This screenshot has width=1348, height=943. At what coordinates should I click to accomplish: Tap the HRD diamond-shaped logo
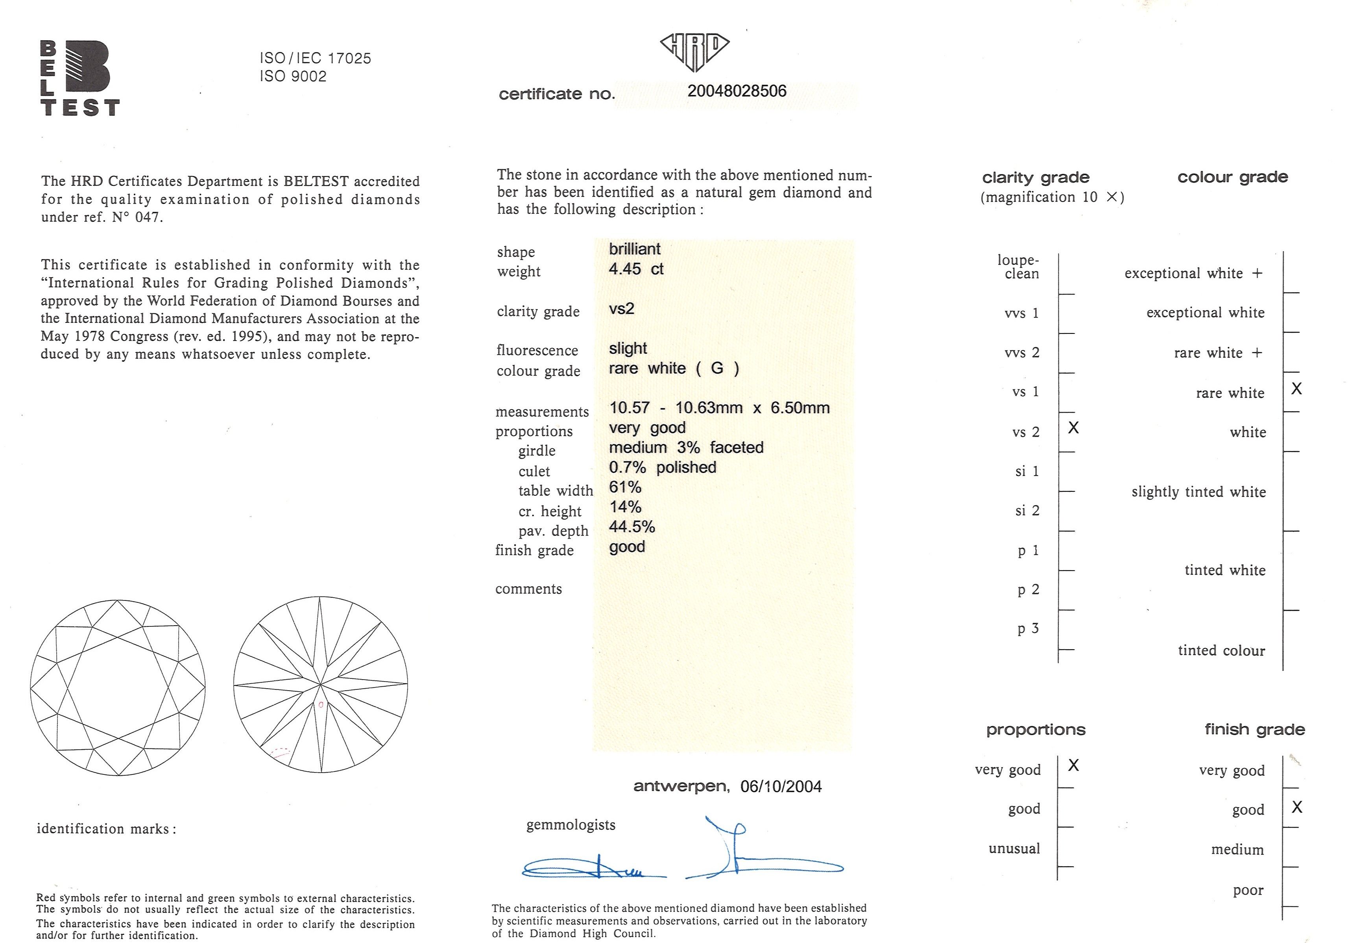tap(694, 51)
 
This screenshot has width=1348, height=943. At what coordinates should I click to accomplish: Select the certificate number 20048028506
tap(737, 91)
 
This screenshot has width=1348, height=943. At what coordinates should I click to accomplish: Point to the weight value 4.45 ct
tap(636, 269)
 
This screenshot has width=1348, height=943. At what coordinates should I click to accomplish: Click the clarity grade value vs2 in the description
tap(622, 308)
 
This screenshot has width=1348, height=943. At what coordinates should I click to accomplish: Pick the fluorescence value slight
tap(628, 348)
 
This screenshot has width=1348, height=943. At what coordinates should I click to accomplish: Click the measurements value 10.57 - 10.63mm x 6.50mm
tap(719, 408)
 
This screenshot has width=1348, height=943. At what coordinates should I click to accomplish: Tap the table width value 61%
tap(625, 487)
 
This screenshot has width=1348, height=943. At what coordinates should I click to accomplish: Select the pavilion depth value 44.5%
tap(632, 526)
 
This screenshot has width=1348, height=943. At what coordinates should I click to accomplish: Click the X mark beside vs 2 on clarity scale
tap(1073, 428)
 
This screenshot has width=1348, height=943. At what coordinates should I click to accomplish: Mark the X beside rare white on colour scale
tap(1297, 388)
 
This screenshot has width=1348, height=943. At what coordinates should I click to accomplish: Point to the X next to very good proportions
tap(1073, 765)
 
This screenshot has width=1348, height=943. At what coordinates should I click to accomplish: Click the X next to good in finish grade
tap(1297, 807)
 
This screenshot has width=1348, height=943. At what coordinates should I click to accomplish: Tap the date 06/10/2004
tap(781, 787)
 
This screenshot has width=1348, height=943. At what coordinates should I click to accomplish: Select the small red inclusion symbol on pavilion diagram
tap(321, 704)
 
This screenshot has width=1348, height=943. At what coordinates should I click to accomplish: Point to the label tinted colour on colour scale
tap(1221, 650)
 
